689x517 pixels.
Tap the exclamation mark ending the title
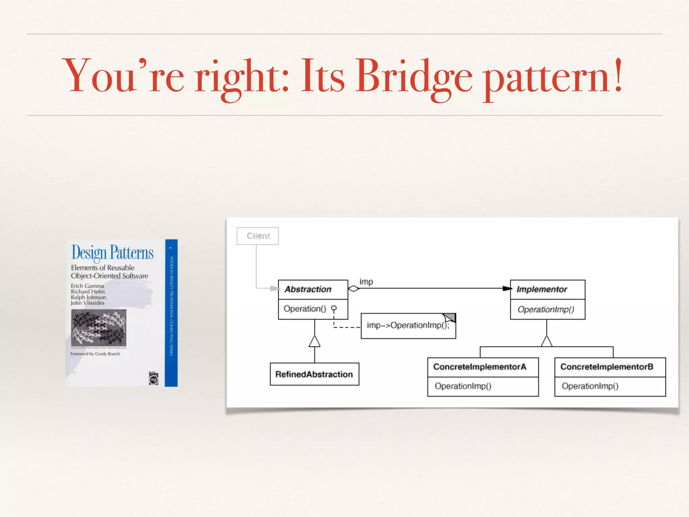[618, 75]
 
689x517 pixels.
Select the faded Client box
[258, 236]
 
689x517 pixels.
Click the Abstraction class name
[308, 289]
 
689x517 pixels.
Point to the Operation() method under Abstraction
[305, 309]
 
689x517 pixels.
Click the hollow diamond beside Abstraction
[354, 288]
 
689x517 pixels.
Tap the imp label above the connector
[366, 281]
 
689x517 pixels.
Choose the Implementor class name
[542, 289]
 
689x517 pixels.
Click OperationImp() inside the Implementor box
[546, 309]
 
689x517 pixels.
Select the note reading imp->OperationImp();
[407, 325]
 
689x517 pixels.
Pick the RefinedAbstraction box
[314, 374]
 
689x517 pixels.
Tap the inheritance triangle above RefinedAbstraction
[315, 341]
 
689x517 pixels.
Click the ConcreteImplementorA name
[479, 367]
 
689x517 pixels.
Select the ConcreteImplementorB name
[607, 367]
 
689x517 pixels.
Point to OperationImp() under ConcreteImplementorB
[590, 386]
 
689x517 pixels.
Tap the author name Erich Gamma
[87, 286]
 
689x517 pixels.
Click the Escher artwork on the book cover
[99, 328]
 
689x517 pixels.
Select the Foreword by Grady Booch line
[95, 354]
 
